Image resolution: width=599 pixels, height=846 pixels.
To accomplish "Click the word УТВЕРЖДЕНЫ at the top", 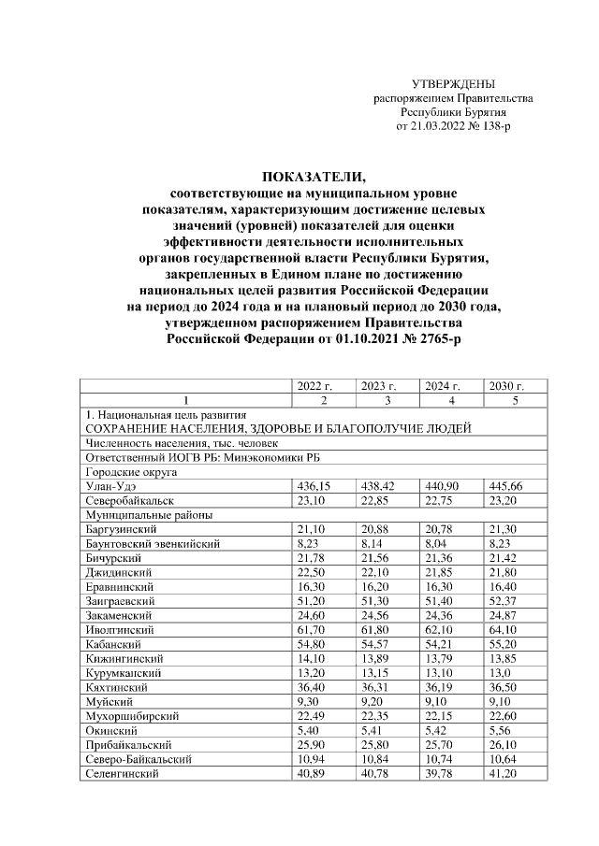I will coord(454,84).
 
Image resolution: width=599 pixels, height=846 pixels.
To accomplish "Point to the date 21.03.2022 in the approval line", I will coord(436,124).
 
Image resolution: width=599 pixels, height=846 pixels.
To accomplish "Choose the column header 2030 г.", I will coord(505,384).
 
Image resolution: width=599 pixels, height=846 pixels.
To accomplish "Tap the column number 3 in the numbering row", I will coord(387,399).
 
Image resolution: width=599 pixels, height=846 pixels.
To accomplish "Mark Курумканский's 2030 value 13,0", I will coord(500,673).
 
